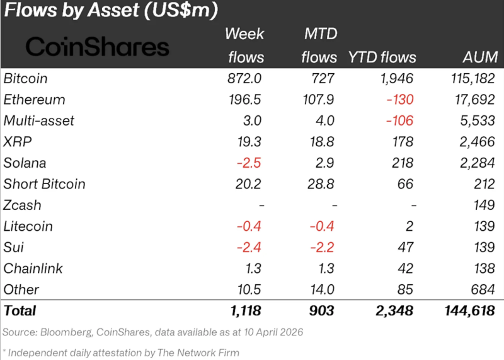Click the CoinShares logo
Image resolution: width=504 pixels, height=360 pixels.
(97, 47)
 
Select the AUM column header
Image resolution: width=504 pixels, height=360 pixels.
(480, 57)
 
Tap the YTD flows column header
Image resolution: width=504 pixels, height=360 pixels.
(382, 57)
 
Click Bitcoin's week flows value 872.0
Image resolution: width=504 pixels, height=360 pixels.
(244, 79)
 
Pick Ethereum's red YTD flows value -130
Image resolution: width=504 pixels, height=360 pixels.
(400, 100)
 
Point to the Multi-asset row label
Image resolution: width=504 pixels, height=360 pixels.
(39, 120)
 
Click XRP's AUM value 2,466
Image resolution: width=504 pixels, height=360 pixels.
(477, 142)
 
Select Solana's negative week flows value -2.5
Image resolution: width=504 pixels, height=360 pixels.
(249, 163)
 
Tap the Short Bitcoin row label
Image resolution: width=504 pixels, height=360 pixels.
(44, 184)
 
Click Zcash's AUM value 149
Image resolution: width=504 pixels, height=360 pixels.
(484, 206)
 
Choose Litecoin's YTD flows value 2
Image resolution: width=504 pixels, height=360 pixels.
(409, 226)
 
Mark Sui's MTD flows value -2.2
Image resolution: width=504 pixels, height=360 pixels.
(322, 247)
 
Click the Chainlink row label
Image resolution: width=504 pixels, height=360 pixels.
(33, 269)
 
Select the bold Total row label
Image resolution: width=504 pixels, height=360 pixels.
(20, 311)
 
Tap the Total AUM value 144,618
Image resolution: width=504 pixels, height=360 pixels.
(469, 311)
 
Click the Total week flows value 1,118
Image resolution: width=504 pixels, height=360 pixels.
(246, 311)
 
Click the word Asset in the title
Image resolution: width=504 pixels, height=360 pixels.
(113, 10)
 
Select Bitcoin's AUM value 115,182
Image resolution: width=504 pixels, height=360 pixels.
(473, 79)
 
